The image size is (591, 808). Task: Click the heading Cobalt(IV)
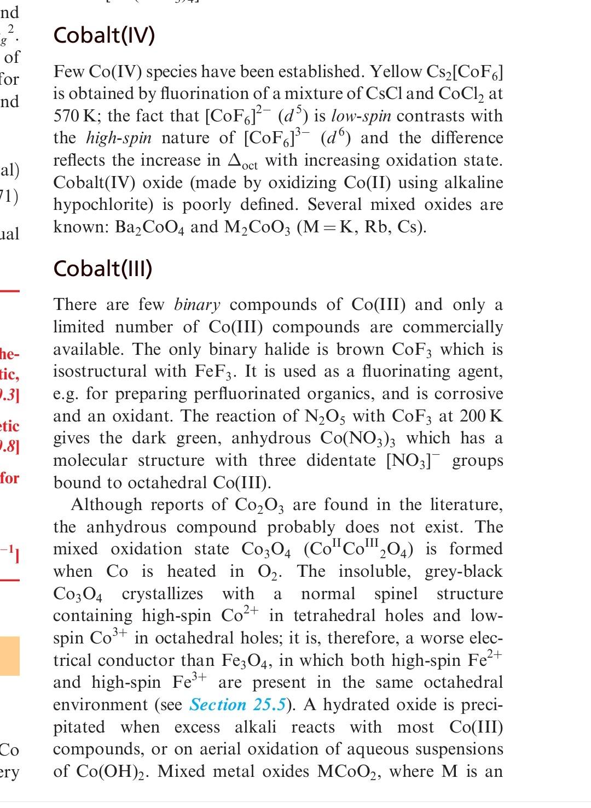tap(104, 36)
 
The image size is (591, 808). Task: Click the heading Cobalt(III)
tap(103, 268)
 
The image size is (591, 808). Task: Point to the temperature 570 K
tap(72, 116)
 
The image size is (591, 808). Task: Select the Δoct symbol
tap(243, 161)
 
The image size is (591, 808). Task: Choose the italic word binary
tap(197, 305)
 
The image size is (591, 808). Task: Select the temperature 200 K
tap(480, 416)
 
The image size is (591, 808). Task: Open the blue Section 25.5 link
tap(237, 705)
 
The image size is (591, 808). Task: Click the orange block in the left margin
tap(10, 655)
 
